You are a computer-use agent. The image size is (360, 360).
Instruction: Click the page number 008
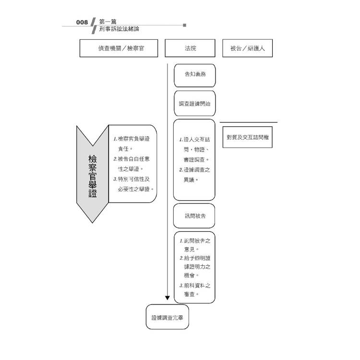pyautogui.click(x=82, y=22)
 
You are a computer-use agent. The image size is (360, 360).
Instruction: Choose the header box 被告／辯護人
pyautogui.click(x=247, y=48)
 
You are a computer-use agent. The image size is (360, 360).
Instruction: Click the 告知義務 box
pyautogui.click(x=194, y=75)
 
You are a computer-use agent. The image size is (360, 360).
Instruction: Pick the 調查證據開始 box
pyautogui.click(x=194, y=103)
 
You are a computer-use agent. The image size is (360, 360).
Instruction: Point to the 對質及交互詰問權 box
pyautogui.click(x=248, y=137)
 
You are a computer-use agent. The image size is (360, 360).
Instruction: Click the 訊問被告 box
pyautogui.click(x=194, y=216)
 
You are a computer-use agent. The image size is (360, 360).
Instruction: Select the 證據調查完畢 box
pyautogui.click(x=168, y=317)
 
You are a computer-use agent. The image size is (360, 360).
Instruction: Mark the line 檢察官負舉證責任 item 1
pyautogui.click(x=133, y=144)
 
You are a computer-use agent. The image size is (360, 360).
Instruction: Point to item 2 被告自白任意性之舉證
pyautogui.click(x=133, y=164)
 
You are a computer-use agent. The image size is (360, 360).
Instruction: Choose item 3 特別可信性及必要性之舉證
pyautogui.click(x=135, y=184)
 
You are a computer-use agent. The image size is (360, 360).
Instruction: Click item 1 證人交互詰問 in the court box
pyautogui.click(x=194, y=149)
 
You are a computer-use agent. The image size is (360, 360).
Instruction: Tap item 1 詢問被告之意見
pyautogui.click(x=194, y=244)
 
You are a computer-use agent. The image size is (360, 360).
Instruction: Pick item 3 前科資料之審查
pyautogui.click(x=194, y=289)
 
